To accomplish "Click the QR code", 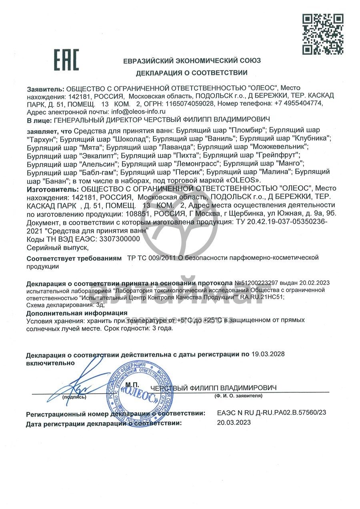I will point(322,34).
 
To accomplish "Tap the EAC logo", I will point(66,60).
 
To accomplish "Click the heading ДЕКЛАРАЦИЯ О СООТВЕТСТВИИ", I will point(192,73).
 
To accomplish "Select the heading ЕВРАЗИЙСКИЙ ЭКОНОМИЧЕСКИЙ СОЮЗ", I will point(192,61).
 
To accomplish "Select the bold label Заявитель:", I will point(45,88).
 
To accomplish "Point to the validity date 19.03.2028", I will point(268,354).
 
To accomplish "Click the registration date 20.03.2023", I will point(234,422).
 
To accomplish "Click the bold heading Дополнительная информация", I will point(77,313).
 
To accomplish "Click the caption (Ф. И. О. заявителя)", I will point(238,396).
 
